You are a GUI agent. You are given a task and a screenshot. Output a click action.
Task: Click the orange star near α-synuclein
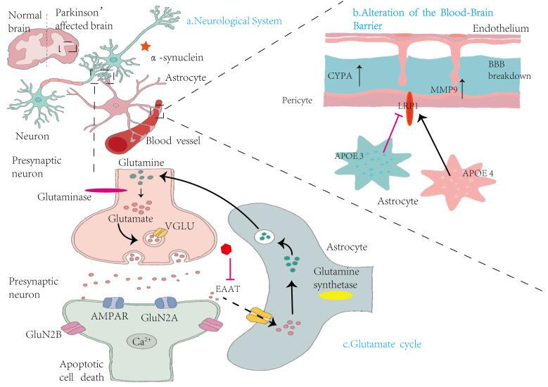(x=144, y=46)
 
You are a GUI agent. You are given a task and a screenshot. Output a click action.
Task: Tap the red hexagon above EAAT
(x=227, y=250)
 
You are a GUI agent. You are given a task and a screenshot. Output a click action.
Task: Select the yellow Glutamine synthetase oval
(x=336, y=296)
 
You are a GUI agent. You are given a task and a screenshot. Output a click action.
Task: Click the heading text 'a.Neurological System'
(x=234, y=21)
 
